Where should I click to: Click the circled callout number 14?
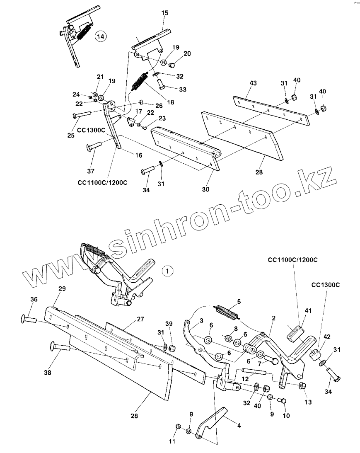(x=100, y=36)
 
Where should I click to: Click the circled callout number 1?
(x=167, y=271)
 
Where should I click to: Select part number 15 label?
(x=165, y=13)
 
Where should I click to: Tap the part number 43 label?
(x=253, y=83)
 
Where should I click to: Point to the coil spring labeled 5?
(x=226, y=312)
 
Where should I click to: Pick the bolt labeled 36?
(x=29, y=319)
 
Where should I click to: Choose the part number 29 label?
(x=62, y=288)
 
